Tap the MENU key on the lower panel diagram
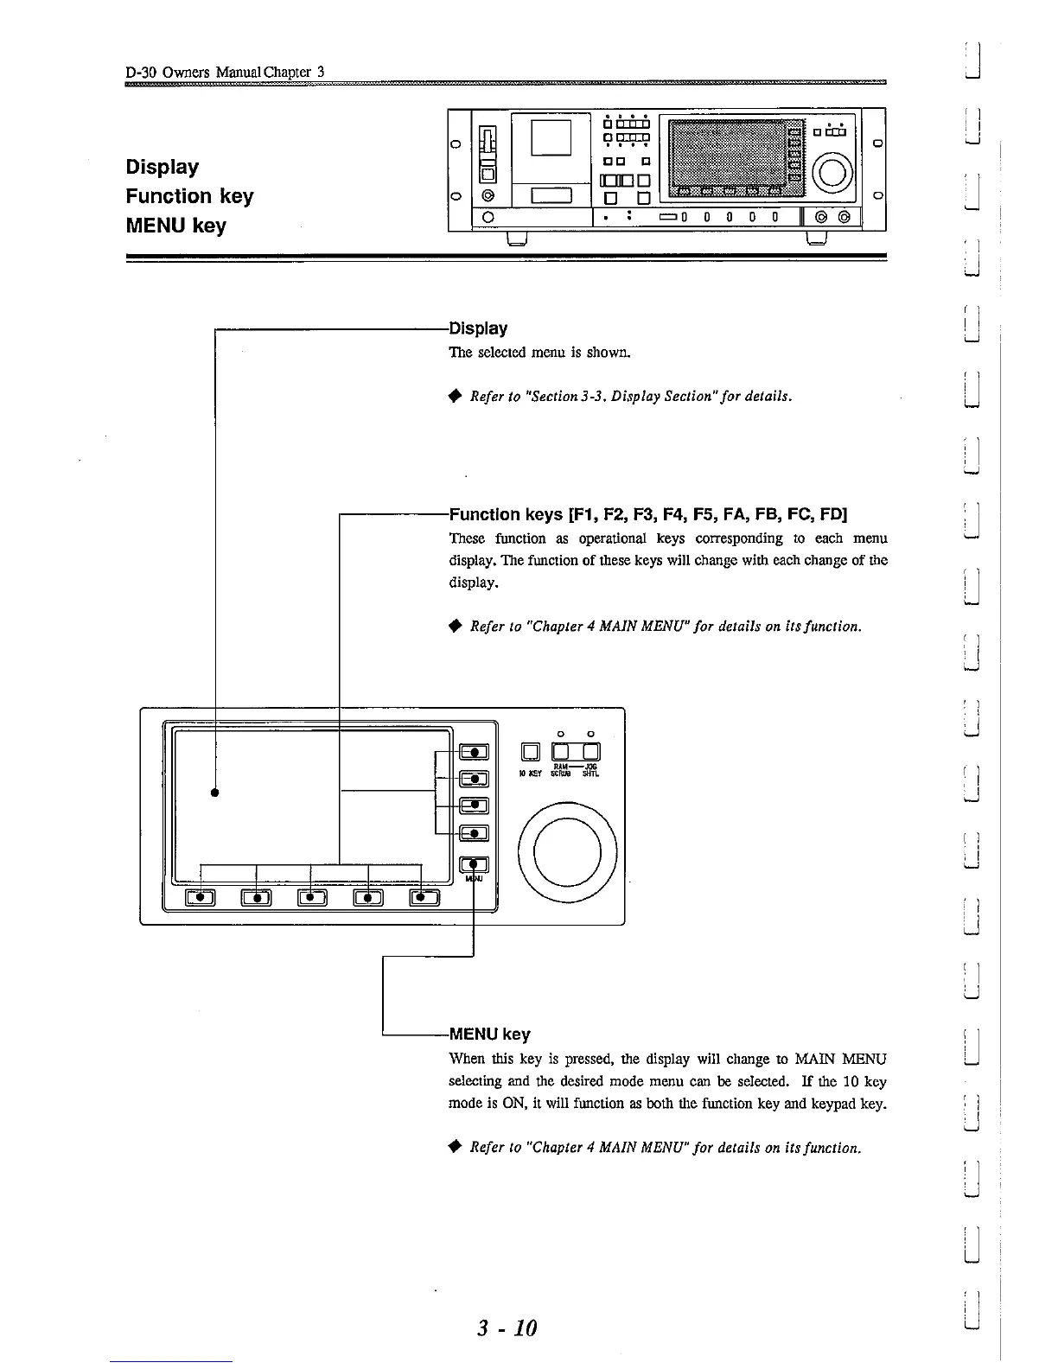[x=475, y=864]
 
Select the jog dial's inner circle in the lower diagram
[x=566, y=850]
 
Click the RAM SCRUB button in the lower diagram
[x=561, y=752]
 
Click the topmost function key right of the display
[x=475, y=753]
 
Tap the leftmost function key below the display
[x=201, y=897]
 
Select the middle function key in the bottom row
[x=312, y=897]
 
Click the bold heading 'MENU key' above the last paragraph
[x=489, y=1035]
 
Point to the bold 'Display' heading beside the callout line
[x=479, y=328]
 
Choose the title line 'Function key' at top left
[x=189, y=196]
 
